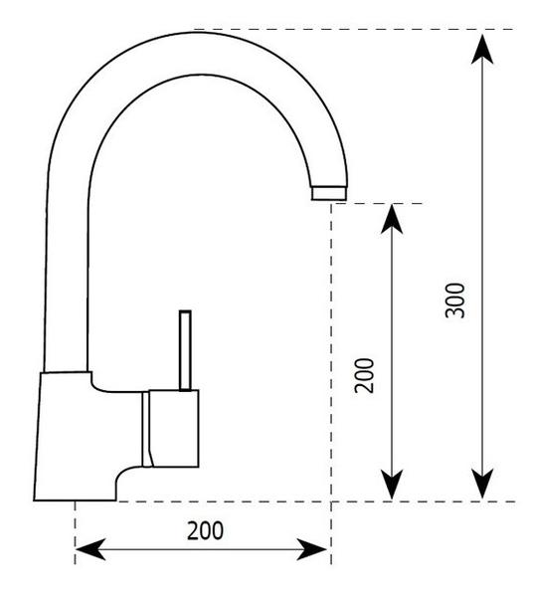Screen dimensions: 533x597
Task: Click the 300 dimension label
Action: click(x=455, y=300)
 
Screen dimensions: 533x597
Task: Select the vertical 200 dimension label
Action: click(x=365, y=375)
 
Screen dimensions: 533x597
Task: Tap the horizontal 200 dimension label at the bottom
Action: click(x=206, y=530)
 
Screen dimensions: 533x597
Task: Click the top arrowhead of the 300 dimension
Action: click(x=482, y=49)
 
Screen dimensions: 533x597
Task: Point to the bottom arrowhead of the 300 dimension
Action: click(x=482, y=484)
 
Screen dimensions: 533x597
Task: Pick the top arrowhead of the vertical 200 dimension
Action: click(x=392, y=219)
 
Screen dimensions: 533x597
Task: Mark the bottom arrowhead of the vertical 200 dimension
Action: click(x=392, y=485)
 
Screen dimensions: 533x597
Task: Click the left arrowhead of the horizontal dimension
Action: click(x=90, y=550)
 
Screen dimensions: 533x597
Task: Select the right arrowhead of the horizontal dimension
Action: click(x=311, y=550)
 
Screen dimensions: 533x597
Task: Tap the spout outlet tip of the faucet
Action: click(x=329, y=193)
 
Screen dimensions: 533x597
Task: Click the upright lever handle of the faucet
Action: click(x=185, y=350)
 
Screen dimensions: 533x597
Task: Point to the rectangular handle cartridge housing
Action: click(x=174, y=428)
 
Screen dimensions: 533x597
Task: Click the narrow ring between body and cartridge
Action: click(x=146, y=429)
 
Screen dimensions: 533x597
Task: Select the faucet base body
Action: click(x=78, y=436)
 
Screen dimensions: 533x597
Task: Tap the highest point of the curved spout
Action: click(x=198, y=33)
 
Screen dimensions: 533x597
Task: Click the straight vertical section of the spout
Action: click(x=67, y=275)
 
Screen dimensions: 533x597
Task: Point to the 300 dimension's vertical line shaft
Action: click(x=482, y=266)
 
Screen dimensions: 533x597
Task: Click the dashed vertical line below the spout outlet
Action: click(x=332, y=384)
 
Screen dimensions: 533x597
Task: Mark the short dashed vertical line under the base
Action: click(x=75, y=532)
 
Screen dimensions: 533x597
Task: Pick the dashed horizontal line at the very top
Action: click(x=354, y=29)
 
